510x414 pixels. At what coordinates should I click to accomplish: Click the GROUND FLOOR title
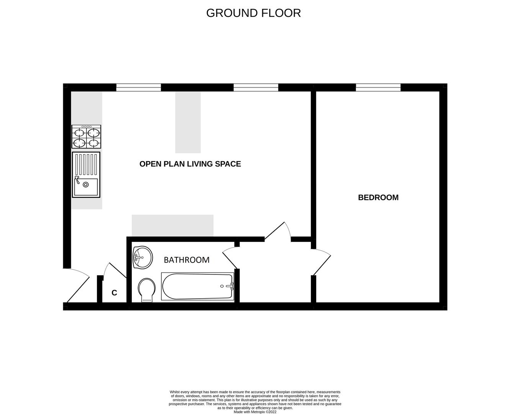pyautogui.click(x=253, y=13)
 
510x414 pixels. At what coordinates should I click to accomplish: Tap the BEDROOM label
pyautogui.click(x=378, y=197)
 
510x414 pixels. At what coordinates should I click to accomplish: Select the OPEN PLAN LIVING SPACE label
pyautogui.click(x=190, y=164)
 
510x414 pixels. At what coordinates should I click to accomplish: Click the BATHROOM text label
pyautogui.click(x=186, y=260)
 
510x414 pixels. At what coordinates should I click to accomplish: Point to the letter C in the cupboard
pyautogui.click(x=114, y=293)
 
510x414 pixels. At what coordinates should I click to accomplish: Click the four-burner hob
pyautogui.click(x=87, y=137)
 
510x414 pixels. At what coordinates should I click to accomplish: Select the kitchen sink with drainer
pyautogui.click(x=86, y=175)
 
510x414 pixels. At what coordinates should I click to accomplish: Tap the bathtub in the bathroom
pyautogui.click(x=198, y=286)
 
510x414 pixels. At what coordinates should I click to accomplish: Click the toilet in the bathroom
pyautogui.click(x=146, y=290)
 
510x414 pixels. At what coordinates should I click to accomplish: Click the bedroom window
pyautogui.click(x=378, y=87)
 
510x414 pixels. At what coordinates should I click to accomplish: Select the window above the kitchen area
pyautogui.click(x=139, y=87)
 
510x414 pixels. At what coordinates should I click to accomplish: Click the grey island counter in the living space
pyautogui.click(x=188, y=122)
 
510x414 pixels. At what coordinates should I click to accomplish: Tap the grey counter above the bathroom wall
pyautogui.click(x=172, y=225)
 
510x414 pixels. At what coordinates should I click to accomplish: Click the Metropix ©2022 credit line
pyautogui.click(x=255, y=412)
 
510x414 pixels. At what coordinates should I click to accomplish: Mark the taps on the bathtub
pyautogui.click(x=230, y=286)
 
